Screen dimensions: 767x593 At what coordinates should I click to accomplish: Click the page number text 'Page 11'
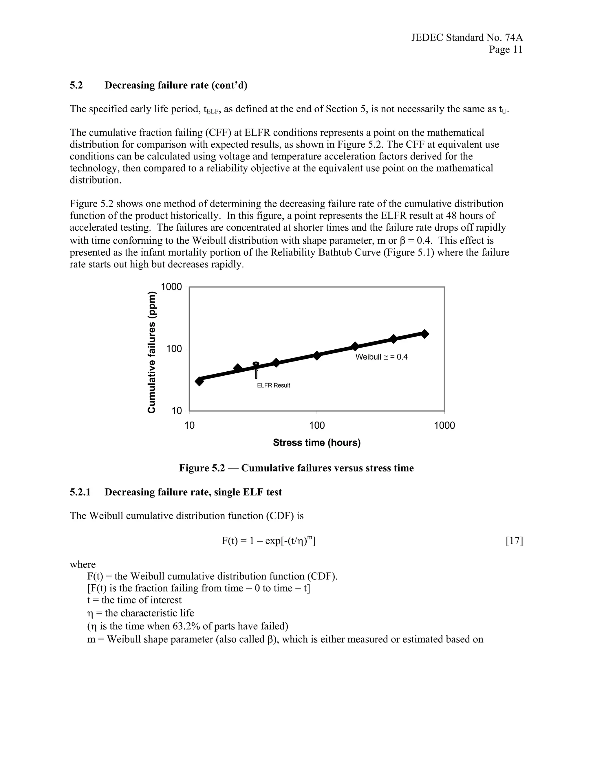[x=506, y=49]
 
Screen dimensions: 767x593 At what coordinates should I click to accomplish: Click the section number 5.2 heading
[x=76, y=85]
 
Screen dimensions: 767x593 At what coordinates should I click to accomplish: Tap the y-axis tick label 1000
[x=171, y=287]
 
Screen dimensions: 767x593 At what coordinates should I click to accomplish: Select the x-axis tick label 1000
[x=444, y=426]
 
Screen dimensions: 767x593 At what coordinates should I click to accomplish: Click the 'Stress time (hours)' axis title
[x=316, y=443]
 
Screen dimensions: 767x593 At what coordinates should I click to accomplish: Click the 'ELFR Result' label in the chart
[x=273, y=385]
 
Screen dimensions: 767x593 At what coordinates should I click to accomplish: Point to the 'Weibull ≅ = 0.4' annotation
[x=382, y=357]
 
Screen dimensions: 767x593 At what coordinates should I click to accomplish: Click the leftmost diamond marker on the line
[x=200, y=381]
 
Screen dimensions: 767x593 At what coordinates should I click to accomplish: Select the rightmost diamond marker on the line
[x=424, y=334]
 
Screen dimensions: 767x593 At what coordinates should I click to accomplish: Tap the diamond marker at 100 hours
[x=317, y=355]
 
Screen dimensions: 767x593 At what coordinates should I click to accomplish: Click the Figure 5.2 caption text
[x=296, y=468]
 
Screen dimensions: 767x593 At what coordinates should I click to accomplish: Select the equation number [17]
[x=514, y=541]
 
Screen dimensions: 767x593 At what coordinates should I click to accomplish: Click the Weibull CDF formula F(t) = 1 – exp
[x=269, y=541]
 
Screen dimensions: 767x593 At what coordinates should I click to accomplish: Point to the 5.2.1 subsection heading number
[x=80, y=492]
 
